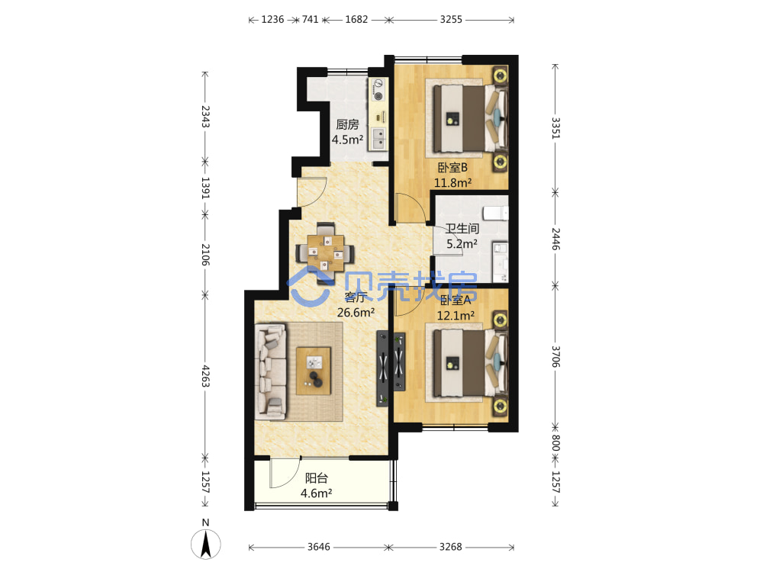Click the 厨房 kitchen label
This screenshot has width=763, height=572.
[x=347, y=124]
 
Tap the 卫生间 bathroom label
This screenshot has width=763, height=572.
[x=462, y=228]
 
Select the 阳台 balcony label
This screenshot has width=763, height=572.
[x=317, y=478]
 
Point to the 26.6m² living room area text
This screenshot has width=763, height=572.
[x=356, y=312]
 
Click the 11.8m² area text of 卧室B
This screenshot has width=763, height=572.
[x=452, y=183]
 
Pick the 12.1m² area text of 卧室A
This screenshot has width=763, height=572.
[x=456, y=316]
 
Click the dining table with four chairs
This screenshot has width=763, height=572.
[x=325, y=252]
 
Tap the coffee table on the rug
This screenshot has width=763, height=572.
[x=314, y=371]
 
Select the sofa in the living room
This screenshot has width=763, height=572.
[x=271, y=371]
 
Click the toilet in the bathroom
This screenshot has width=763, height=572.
[x=496, y=213]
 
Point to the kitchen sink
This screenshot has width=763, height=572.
[x=378, y=137]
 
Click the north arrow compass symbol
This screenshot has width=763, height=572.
[x=206, y=544]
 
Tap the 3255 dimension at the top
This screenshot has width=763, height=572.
[x=451, y=20]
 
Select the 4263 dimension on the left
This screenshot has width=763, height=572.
[x=205, y=376]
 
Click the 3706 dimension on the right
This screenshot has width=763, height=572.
[x=555, y=356]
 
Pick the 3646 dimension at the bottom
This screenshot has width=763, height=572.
[x=319, y=547]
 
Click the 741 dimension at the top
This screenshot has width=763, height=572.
[x=310, y=20]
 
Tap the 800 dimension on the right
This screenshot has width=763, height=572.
[x=555, y=442]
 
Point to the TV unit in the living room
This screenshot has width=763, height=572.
[x=382, y=368]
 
